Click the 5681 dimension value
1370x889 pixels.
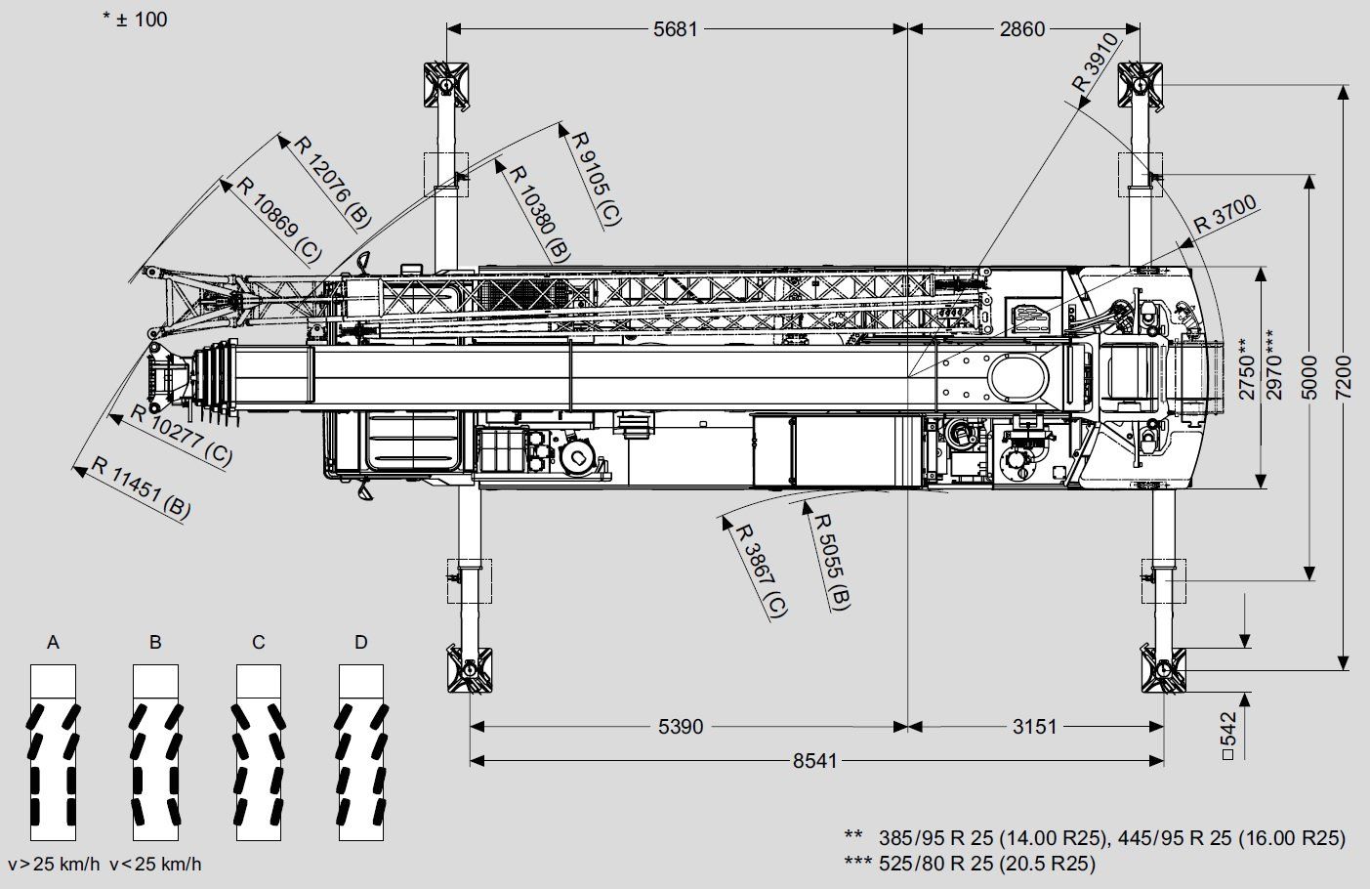click(675, 29)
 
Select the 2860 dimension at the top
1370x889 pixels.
click(1022, 29)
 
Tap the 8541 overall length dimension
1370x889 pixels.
click(815, 761)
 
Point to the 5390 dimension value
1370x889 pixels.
click(681, 727)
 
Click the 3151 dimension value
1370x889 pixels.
click(1035, 727)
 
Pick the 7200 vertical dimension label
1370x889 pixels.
click(1343, 377)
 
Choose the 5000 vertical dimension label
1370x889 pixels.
click(1309, 377)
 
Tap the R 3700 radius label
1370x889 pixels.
click(1225, 213)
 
